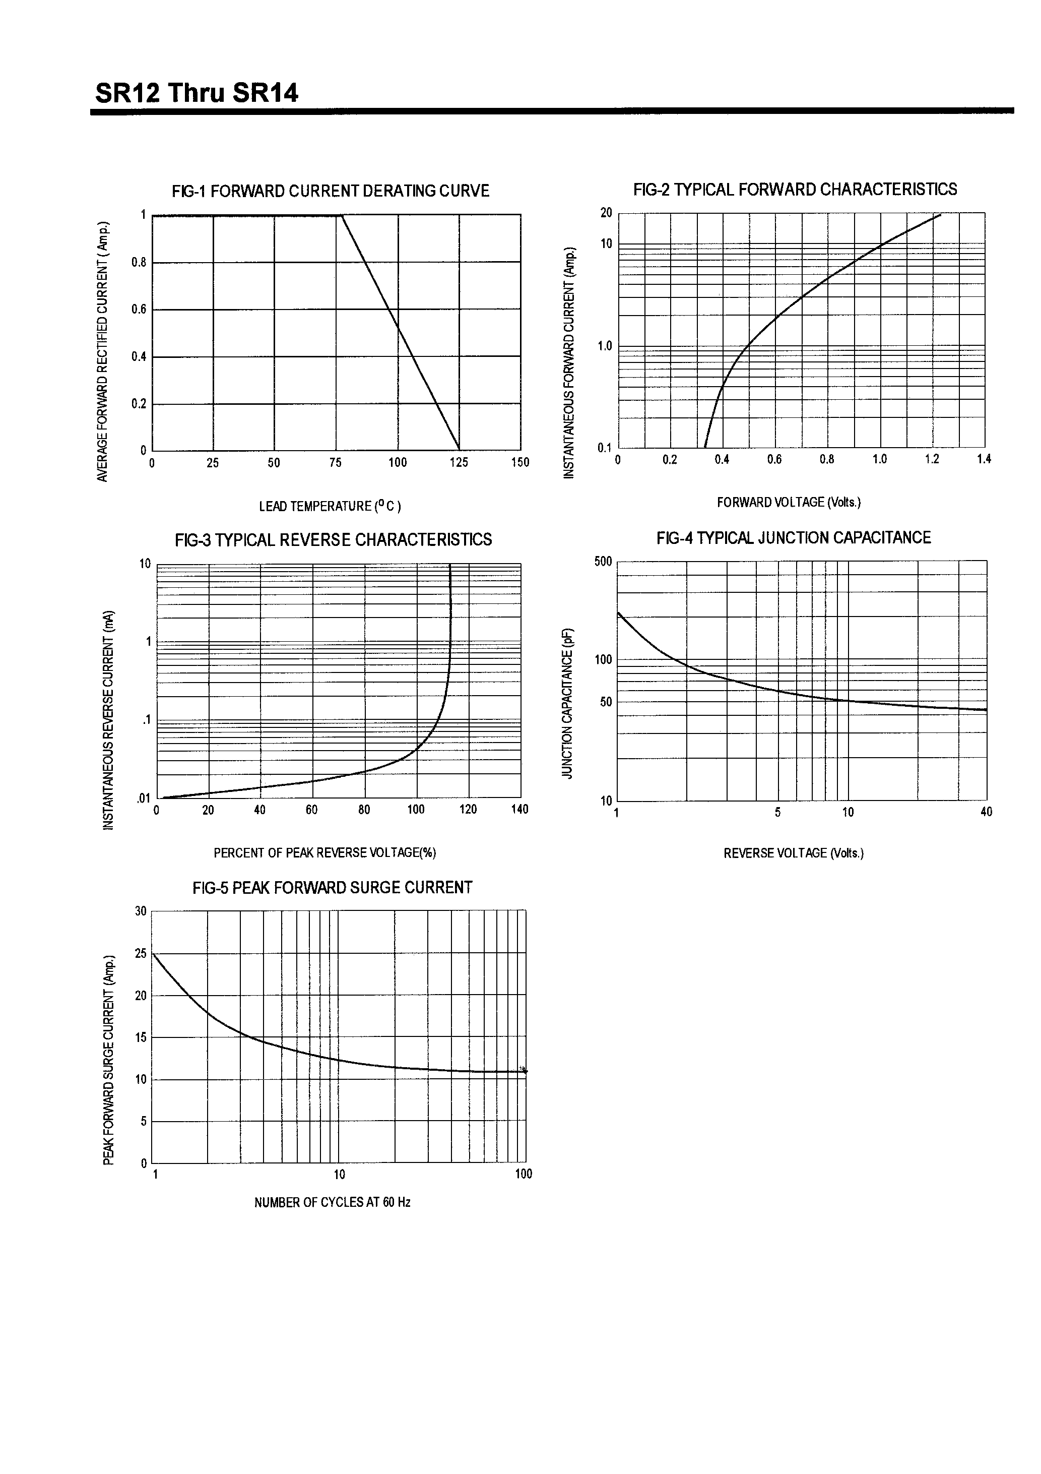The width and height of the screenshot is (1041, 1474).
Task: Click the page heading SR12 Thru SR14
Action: point(197,94)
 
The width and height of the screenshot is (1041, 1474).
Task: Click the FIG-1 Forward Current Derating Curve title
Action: point(330,192)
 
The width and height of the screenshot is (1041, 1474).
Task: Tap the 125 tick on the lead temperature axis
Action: point(459,463)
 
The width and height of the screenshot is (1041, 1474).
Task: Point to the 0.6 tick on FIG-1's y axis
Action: point(139,310)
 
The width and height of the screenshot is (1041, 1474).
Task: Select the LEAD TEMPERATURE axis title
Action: point(330,507)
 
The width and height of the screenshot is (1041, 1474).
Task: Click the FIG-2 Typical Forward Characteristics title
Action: point(795,190)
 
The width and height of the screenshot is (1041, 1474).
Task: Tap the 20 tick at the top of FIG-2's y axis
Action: point(606,213)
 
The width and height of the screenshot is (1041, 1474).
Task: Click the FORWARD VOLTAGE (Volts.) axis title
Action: point(789,503)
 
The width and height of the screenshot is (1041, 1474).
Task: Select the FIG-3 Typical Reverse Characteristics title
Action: point(333,540)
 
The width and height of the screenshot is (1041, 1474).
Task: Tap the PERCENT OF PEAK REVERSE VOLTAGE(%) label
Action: point(325,853)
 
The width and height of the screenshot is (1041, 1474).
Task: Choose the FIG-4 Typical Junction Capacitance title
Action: point(793,538)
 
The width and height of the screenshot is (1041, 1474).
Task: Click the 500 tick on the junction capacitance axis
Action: point(603,562)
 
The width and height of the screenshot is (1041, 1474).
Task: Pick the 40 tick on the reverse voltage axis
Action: point(986,812)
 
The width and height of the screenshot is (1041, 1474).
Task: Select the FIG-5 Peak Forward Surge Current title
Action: point(332,888)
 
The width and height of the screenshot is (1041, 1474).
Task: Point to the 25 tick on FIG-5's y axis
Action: point(141,954)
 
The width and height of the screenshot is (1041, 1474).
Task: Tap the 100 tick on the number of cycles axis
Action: point(524,1174)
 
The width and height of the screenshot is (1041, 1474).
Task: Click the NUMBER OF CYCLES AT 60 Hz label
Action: point(332,1202)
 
